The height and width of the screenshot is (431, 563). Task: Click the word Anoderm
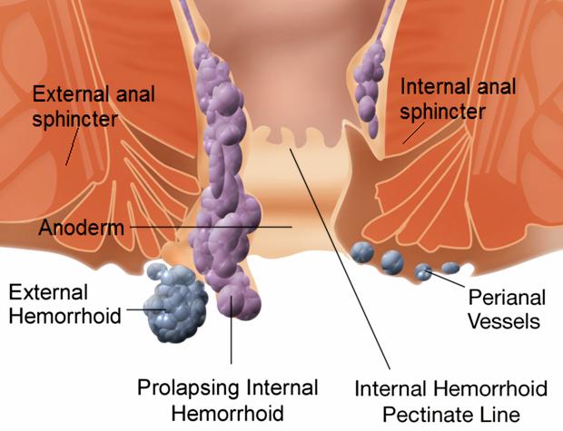tap(81, 228)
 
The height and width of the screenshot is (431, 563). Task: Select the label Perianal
tap(506, 298)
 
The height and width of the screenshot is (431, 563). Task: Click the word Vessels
tap(509, 320)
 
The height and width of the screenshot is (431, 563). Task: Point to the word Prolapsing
tap(188, 388)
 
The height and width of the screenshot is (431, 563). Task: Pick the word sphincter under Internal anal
tap(443, 111)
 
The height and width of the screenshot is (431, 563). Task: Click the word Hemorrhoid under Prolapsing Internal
tap(229, 412)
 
